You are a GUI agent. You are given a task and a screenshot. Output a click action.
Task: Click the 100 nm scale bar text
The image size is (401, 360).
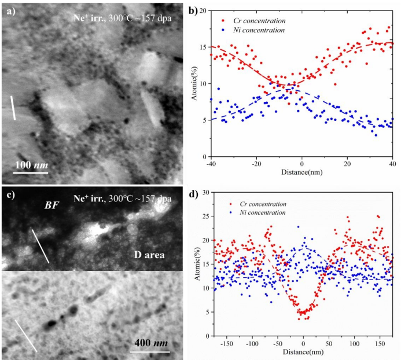coord(31,165)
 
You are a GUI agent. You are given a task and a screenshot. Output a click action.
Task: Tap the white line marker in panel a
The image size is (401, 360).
coord(13,108)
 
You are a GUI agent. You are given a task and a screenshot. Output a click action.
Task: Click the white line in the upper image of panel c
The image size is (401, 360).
coord(40,245)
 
